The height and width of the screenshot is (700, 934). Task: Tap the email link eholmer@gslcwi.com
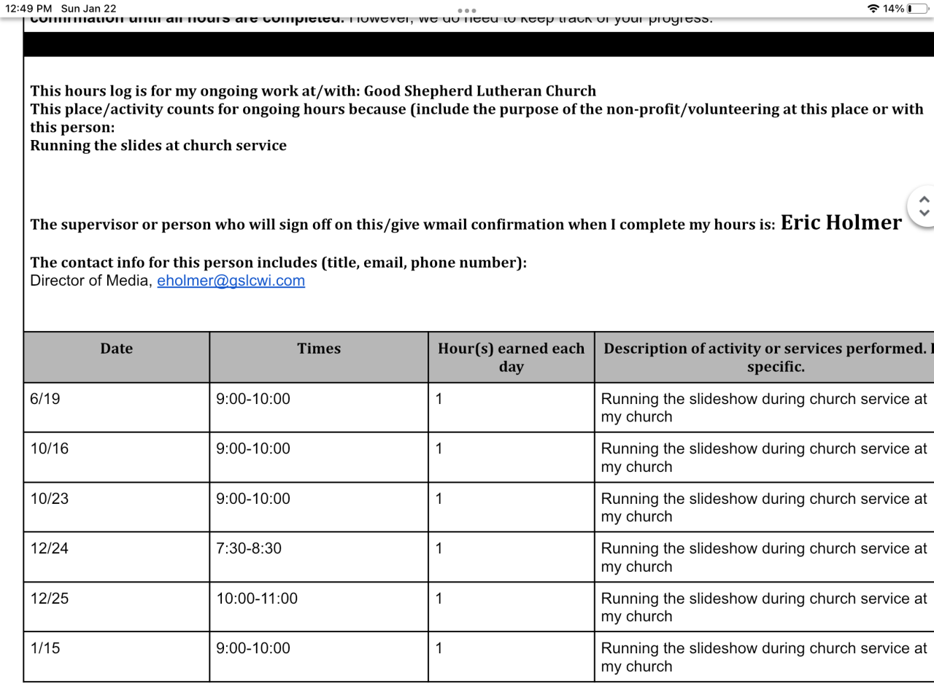click(231, 281)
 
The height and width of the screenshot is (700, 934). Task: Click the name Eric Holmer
click(841, 222)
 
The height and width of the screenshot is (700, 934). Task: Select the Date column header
click(117, 349)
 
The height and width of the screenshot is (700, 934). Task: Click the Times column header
click(319, 349)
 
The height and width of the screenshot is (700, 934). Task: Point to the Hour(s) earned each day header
click(511, 357)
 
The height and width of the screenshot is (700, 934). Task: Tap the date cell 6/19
click(45, 399)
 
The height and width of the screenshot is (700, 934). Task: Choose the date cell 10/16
click(50, 448)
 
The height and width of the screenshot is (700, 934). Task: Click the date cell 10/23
click(50, 499)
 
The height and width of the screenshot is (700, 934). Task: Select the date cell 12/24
click(50, 548)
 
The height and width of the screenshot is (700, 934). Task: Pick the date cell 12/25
click(50, 599)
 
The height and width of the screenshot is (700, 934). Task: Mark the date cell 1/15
click(45, 648)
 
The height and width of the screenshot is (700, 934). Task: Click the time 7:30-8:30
click(249, 548)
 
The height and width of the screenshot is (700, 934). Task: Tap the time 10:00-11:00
click(257, 599)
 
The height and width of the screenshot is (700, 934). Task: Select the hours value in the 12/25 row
click(439, 599)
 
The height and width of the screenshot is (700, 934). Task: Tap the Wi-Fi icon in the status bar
click(873, 9)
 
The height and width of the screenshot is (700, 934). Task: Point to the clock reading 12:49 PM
click(28, 9)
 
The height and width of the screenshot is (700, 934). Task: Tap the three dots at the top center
click(467, 11)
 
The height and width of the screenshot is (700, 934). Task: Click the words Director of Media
click(90, 281)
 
